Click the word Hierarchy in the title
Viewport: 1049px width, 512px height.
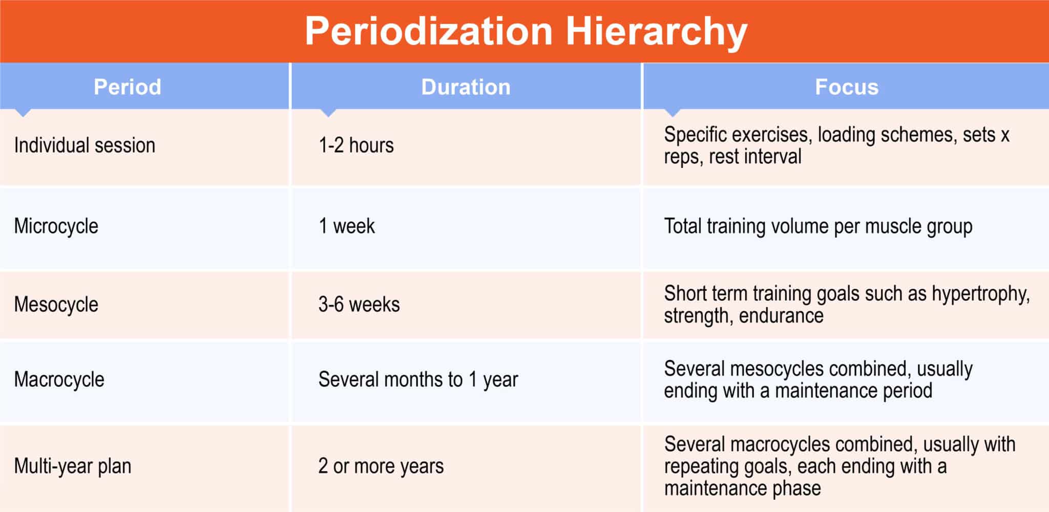pyautogui.click(x=656, y=32)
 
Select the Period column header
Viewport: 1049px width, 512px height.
pyautogui.click(x=127, y=87)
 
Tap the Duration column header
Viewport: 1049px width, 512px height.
pyautogui.click(x=466, y=87)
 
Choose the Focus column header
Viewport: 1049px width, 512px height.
pyautogui.click(x=846, y=87)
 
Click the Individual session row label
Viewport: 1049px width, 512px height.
pyautogui.click(x=85, y=145)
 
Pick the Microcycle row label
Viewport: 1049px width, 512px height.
pyautogui.click(x=56, y=226)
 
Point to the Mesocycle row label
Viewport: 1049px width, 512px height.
pyautogui.click(x=56, y=305)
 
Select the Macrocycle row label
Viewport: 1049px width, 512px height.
pyautogui.click(x=59, y=380)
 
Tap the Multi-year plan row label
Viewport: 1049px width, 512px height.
pyautogui.click(x=72, y=466)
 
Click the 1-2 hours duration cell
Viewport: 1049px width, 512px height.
pyautogui.click(x=356, y=145)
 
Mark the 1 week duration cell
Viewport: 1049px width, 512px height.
pyautogui.click(x=347, y=226)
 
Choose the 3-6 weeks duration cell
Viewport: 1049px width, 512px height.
pyautogui.click(x=359, y=305)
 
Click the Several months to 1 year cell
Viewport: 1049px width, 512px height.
pyautogui.click(x=418, y=380)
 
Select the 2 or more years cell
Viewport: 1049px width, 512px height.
pyautogui.click(x=381, y=466)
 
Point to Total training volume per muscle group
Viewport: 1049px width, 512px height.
pyautogui.click(x=818, y=226)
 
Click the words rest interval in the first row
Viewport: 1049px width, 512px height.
pyautogui.click(x=755, y=157)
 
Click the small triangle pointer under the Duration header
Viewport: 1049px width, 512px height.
pyautogui.click(x=328, y=113)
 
